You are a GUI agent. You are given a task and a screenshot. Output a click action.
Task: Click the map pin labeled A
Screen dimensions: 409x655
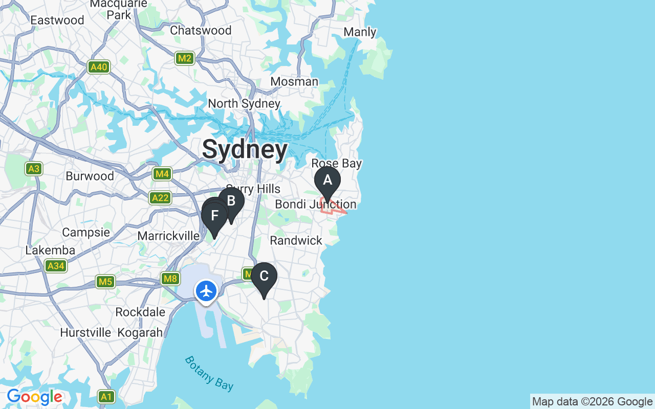coord(327,181)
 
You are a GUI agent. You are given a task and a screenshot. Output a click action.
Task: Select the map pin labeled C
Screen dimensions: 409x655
coord(264,277)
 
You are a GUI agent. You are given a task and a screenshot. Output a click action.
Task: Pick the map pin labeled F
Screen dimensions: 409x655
coord(215,216)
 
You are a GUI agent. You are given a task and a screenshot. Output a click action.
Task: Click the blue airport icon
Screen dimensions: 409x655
coord(206,291)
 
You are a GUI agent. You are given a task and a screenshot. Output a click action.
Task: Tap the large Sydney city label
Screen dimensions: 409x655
coord(245,149)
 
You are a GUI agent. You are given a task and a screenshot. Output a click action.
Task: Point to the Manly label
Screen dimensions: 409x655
coord(360,32)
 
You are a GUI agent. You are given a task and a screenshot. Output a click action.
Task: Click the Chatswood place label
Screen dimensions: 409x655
coord(201,30)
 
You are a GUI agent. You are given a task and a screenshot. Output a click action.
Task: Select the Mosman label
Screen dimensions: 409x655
coord(294,82)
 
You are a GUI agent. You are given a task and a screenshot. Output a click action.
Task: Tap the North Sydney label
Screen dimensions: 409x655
coord(244,104)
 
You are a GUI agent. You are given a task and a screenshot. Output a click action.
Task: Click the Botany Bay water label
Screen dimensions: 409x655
coord(209,373)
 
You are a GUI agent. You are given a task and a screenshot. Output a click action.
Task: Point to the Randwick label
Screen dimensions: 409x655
coord(296,240)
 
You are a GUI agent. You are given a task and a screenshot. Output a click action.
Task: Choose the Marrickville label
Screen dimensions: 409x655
coord(168,236)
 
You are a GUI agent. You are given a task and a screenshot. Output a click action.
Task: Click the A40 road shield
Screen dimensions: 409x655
coord(99,67)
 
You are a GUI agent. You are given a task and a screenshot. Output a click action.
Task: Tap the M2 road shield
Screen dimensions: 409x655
coord(184,58)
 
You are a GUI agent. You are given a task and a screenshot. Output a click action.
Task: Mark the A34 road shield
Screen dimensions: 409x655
coord(55,266)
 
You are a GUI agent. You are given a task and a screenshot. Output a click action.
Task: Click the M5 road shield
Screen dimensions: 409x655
coord(105,282)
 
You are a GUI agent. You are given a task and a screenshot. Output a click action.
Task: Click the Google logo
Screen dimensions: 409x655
coord(34,397)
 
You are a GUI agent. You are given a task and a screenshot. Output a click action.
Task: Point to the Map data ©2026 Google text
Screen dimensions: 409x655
coord(592,402)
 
